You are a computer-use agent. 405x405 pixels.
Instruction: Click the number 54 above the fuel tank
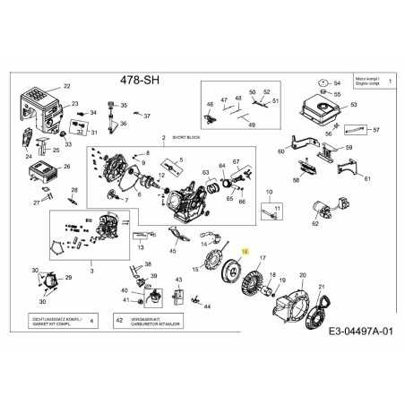(x=337, y=82)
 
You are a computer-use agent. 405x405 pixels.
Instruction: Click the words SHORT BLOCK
(x=179, y=140)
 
